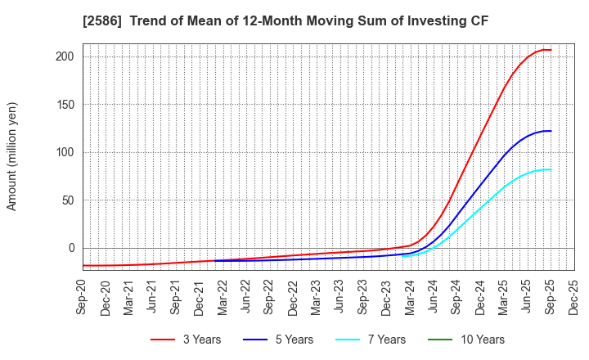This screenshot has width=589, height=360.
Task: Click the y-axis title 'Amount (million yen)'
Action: click(x=11, y=156)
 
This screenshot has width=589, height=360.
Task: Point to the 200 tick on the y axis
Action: click(x=66, y=56)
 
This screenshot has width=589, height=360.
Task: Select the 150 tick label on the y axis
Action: click(x=66, y=105)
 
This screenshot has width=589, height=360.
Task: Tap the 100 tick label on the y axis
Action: click(x=66, y=152)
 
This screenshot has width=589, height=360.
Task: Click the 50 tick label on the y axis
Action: click(x=70, y=200)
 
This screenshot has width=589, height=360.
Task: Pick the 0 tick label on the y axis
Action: click(x=73, y=248)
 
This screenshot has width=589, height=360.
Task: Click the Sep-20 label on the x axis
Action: click(x=83, y=297)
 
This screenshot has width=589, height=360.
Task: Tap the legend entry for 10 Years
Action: click(x=477, y=340)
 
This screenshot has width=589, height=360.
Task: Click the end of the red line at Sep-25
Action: click(x=551, y=50)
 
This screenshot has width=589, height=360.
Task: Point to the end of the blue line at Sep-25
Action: click(x=551, y=131)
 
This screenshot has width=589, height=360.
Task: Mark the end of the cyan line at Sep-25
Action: click(x=551, y=169)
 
